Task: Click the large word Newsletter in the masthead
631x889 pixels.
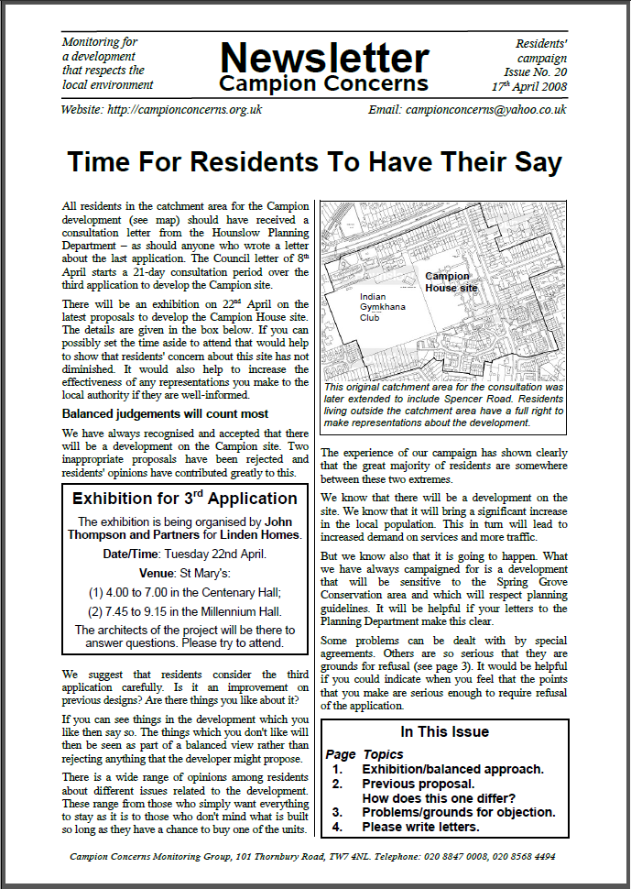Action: (323, 59)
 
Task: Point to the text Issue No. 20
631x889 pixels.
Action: (535, 71)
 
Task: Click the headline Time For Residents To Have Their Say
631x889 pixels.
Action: (314, 162)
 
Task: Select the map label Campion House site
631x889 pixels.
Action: (451, 282)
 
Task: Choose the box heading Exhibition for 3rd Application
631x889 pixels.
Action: (185, 499)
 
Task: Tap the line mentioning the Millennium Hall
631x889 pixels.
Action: (185, 611)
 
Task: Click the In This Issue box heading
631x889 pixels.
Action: (444, 732)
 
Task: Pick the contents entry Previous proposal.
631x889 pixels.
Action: (419, 785)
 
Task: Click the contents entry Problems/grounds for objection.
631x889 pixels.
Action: (458, 812)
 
